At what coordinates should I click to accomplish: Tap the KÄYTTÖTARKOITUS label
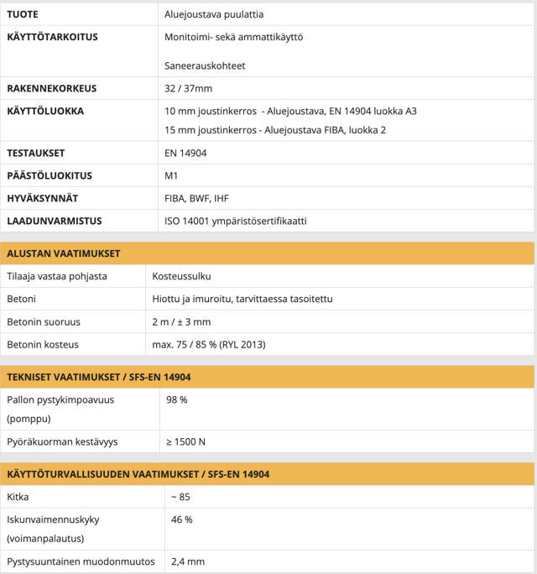click(x=52, y=38)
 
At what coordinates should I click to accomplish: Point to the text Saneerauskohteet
click(x=206, y=65)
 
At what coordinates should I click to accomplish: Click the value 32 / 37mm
click(x=189, y=88)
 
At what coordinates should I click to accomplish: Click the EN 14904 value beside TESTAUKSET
click(x=185, y=154)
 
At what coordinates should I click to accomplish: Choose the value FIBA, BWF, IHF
click(x=197, y=199)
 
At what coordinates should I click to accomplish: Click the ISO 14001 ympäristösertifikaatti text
click(x=236, y=222)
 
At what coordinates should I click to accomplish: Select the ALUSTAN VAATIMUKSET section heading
click(x=63, y=253)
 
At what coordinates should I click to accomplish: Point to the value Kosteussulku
click(x=182, y=276)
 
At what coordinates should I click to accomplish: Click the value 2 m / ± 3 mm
click(x=181, y=321)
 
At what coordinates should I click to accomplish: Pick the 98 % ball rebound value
click(x=177, y=399)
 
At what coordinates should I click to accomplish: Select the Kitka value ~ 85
click(x=180, y=497)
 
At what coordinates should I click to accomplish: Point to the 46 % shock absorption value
click(x=182, y=519)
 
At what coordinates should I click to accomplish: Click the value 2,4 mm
click(x=188, y=561)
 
